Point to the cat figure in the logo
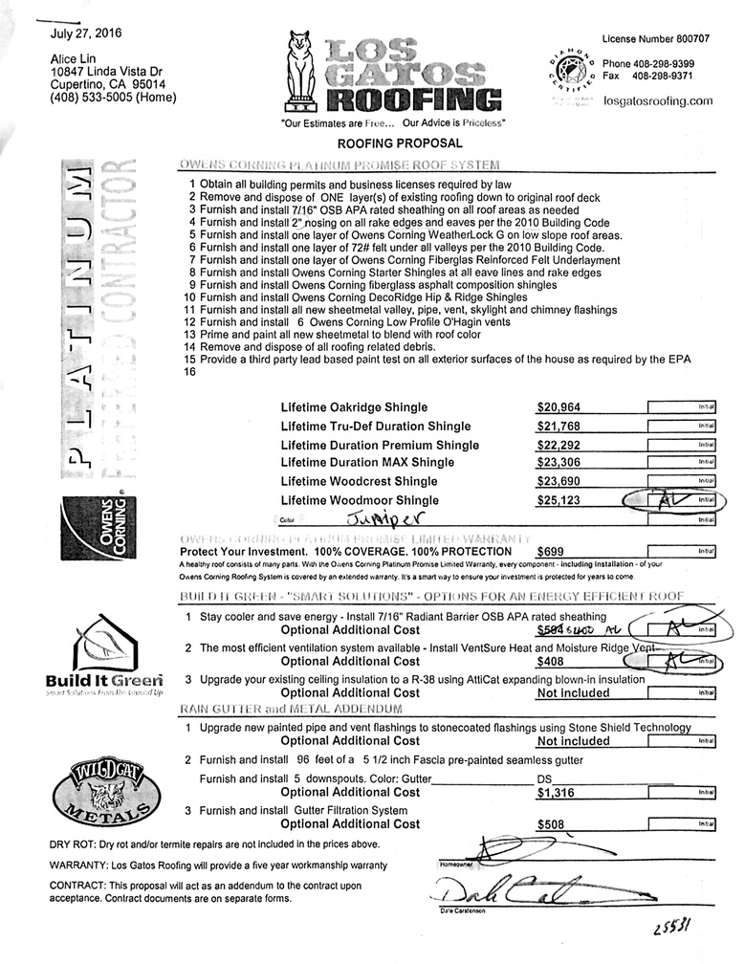tap(301, 71)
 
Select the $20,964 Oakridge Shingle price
tap(559, 406)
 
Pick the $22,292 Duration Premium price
tap(559, 445)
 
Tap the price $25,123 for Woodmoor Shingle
tap(559, 500)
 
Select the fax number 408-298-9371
tap(661, 76)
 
